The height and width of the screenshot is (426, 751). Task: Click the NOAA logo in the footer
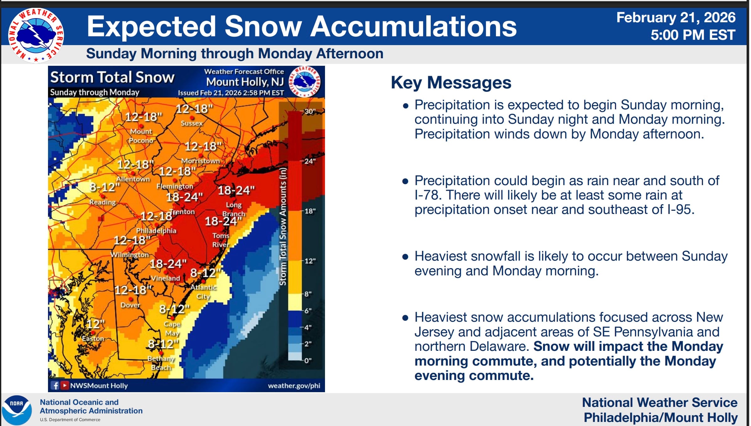[17, 410]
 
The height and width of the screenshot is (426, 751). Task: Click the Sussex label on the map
[192, 123]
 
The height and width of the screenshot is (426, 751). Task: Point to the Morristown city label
[201, 161]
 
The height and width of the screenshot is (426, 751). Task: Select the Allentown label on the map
[133, 179]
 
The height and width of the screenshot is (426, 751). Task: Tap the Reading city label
[103, 202]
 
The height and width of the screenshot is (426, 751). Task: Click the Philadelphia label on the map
[156, 231]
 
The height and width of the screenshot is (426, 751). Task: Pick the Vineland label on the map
[165, 278]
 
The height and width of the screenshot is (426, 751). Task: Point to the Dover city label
[130, 305]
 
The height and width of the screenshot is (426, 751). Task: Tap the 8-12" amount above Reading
[105, 187]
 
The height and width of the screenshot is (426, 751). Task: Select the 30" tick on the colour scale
[310, 112]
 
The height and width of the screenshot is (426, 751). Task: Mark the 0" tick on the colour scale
[308, 361]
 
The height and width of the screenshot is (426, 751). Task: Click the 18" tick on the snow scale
[310, 211]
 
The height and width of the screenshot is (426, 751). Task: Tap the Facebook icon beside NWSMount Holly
[55, 385]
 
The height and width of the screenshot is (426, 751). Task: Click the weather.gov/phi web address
[294, 386]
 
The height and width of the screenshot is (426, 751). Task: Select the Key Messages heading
[451, 83]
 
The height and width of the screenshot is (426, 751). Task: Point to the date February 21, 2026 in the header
[676, 18]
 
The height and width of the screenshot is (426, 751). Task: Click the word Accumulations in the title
[413, 26]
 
